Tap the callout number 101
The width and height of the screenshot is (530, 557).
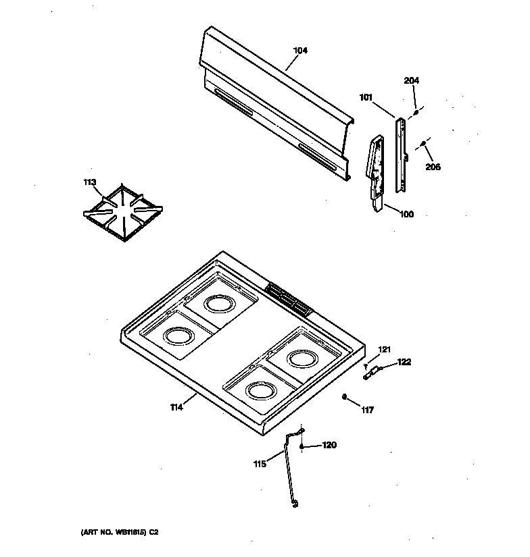click(x=366, y=98)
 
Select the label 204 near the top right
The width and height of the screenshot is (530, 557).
click(x=411, y=80)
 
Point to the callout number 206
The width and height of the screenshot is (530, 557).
click(x=433, y=167)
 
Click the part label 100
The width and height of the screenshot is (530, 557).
click(x=406, y=215)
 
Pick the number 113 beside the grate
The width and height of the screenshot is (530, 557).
click(x=90, y=182)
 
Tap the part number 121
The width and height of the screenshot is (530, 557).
click(x=384, y=349)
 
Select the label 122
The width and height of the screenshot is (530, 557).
click(x=404, y=363)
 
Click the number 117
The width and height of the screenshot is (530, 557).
click(x=367, y=410)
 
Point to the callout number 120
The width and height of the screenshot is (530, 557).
click(x=329, y=445)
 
